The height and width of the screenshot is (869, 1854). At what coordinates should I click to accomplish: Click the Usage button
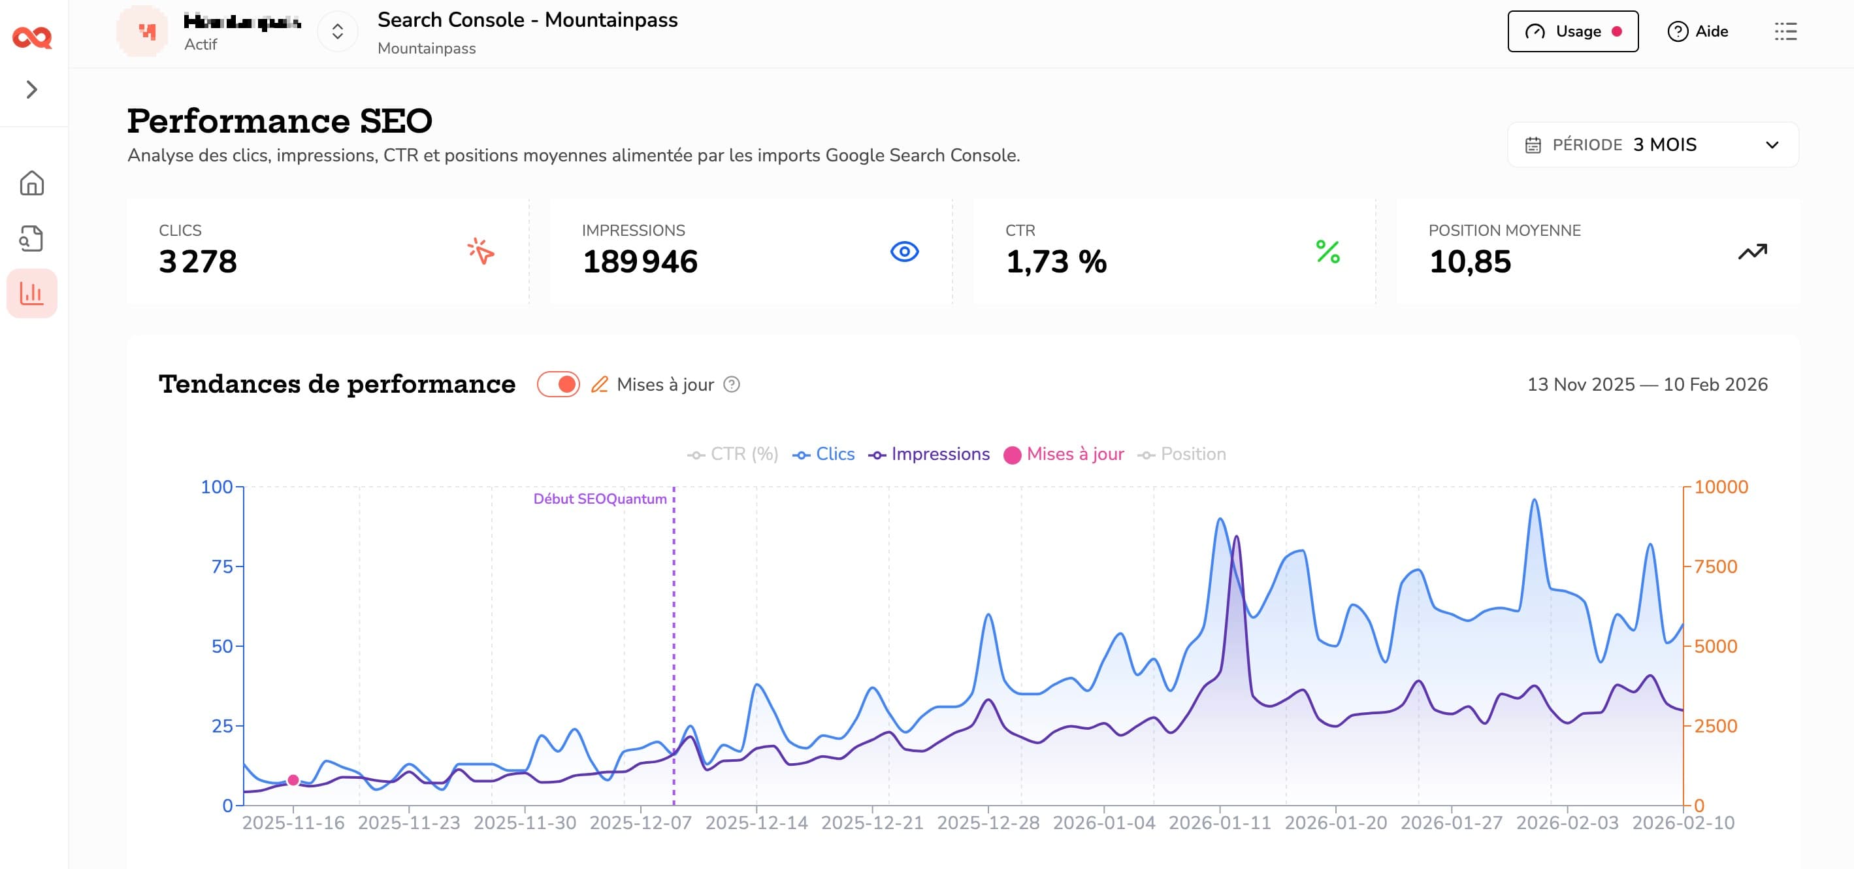(x=1572, y=31)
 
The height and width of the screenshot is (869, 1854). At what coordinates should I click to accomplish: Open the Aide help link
(x=1698, y=31)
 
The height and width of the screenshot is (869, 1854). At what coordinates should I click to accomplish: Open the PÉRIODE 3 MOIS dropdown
(x=1653, y=144)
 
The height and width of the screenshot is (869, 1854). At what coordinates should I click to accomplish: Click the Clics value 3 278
(x=198, y=261)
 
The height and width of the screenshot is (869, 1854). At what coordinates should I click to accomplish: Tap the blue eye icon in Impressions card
(x=904, y=252)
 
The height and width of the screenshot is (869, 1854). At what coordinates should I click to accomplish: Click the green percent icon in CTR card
(x=1327, y=252)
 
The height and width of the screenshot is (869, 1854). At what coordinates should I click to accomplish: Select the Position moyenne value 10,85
(x=1470, y=261)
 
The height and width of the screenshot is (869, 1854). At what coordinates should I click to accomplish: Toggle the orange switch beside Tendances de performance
(x=559, y=384)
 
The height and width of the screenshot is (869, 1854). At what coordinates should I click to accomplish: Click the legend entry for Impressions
(x=929, y=454)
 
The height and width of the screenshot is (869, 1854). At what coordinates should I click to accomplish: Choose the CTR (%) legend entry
(x=733, y=454)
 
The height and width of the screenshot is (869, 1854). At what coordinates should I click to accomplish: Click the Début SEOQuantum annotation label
(x=600, y=499)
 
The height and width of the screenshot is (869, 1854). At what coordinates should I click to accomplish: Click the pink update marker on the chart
(x=293, y=780)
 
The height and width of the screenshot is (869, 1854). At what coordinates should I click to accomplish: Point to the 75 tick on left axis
(x=221, y=566)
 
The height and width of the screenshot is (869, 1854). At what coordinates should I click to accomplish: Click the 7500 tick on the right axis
(x=1715, y=566)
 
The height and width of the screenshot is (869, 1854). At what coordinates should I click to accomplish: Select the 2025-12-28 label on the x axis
(x=988, y=823)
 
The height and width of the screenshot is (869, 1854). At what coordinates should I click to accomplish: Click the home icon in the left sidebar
(x=31, y=183)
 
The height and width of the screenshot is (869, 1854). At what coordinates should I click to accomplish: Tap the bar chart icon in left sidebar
(x=31, y=293)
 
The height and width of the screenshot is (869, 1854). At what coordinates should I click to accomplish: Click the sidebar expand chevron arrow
(x=31, y=90)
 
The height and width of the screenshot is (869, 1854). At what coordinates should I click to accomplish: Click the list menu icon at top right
(x=1785, y=31)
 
